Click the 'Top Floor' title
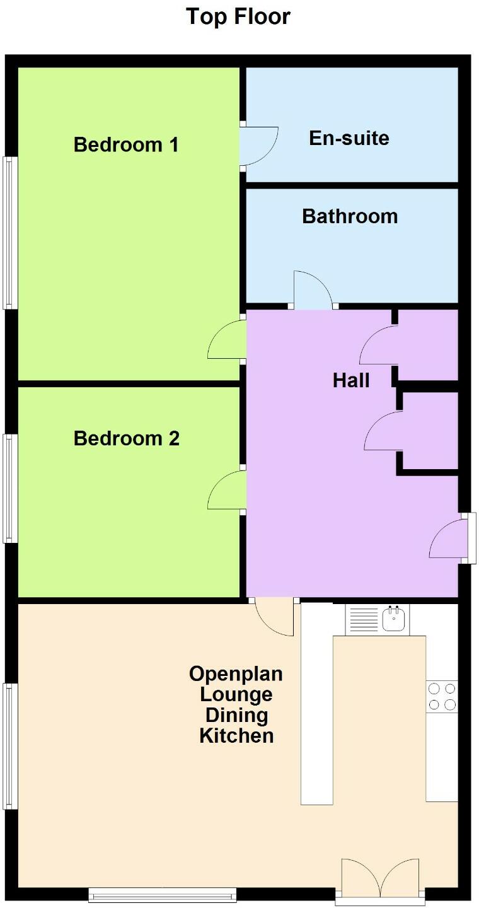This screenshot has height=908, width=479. pos(238,17)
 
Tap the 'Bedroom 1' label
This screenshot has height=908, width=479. pos(126,145)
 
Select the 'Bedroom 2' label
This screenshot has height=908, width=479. pos(127,438)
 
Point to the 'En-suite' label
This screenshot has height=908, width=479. pos(349,138)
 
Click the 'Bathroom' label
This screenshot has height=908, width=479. pos(350,216)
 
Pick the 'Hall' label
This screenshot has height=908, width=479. pos(351,381)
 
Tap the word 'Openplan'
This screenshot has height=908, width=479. pos(236,673)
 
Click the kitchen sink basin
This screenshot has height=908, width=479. pos(393,619)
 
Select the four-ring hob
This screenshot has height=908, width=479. pos(442,696)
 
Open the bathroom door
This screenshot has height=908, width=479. pos(313,289)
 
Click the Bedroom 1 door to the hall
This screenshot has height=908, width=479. pos(227,339)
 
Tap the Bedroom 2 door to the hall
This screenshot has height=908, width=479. pos(227,490)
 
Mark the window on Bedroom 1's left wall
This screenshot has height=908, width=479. pos(10,233)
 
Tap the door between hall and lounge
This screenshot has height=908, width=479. pos(274,616)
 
